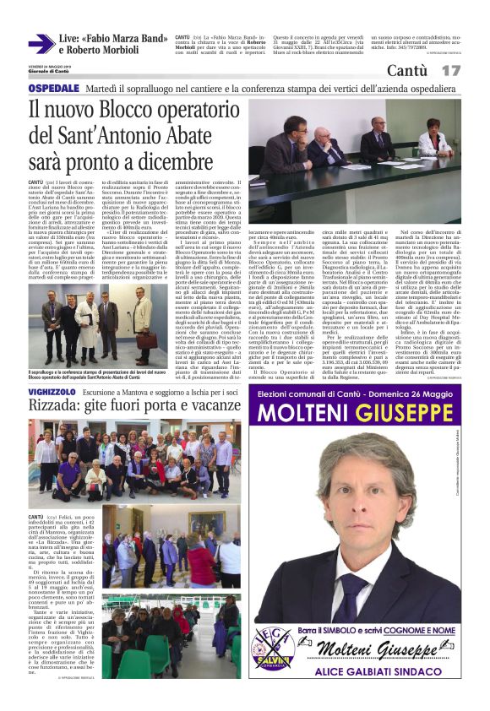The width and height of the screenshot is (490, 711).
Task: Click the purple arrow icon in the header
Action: click(41, 44)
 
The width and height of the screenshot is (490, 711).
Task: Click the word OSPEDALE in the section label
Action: click(55, 88)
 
